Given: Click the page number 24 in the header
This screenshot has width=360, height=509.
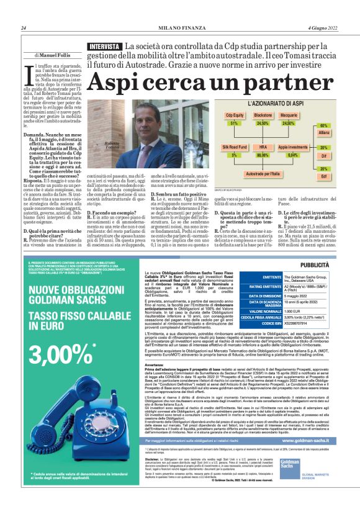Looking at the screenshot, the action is point(23,28).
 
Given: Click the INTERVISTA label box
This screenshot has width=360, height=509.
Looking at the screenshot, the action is point(105,47).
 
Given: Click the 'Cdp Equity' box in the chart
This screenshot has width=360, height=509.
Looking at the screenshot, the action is point(234,115).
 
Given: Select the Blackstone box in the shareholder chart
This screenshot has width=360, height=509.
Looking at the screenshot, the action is point(263,115).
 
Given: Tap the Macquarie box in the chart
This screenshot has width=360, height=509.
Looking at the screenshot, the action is point(289,115).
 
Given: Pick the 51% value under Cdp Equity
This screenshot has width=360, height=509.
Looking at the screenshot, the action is point(234,124).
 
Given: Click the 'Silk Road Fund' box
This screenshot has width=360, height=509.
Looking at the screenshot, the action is point(235,148).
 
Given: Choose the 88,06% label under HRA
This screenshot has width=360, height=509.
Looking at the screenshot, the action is point(263,155).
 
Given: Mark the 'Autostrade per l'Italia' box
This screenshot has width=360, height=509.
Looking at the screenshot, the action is point(263,173).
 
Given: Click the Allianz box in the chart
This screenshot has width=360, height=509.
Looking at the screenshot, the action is point(324,133).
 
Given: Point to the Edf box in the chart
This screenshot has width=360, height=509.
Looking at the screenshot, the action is point(324,176).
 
